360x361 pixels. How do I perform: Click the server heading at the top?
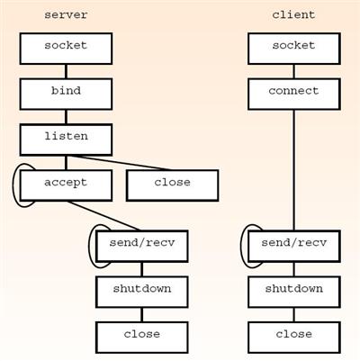[x=66, y=14]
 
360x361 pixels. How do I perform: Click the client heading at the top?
[x=293, y=14]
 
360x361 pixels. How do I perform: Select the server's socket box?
[x=66, y=49]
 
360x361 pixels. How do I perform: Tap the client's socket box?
[x=294, y=49]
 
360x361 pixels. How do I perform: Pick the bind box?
[x=66, y=95]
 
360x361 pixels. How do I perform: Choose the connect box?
[x=294, y=95]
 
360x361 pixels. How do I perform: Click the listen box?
[x=66, y=140]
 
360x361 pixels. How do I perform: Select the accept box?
[x=66, y=185]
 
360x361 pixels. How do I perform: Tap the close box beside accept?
[x=173, y=185]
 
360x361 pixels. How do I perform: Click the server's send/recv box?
[x=142, y=247]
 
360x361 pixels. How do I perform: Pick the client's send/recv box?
[x=294, y=247]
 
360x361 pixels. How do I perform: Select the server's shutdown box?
[x=142, y=292]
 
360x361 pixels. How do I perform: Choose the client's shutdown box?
[x=294, y=292]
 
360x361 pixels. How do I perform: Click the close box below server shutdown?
[x=142, y=338]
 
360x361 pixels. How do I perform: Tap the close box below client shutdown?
[x=294, y=338]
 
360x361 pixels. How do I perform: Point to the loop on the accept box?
[x=13, y=185]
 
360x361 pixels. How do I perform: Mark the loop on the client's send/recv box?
[x=241, y=247]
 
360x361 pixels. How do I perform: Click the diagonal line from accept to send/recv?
[x=103, y=216]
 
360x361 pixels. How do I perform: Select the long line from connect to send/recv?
[x=294, y=170]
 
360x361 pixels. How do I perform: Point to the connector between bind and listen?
[x=66, y=117]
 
